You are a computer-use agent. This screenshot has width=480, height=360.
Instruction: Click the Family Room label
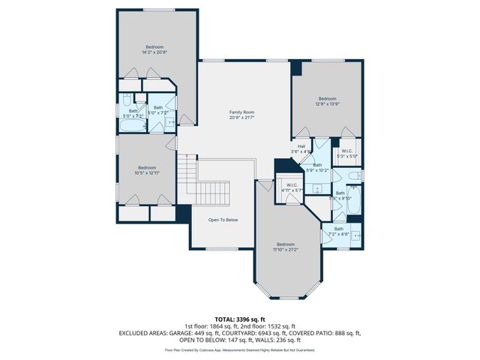(x=241, y=115)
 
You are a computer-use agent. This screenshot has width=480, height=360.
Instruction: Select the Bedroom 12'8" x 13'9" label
(x=327, y=101)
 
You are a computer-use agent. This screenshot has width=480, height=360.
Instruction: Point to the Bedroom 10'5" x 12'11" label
(x=146, y=169)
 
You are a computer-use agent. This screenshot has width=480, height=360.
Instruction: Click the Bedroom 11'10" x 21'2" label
(x=286, y=247)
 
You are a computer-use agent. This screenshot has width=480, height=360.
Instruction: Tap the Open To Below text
(x=223, y=220)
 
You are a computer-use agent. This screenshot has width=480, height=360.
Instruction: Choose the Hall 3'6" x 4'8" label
(x=301, y=148)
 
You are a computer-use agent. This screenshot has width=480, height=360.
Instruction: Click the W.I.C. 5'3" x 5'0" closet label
(x=347, y=154)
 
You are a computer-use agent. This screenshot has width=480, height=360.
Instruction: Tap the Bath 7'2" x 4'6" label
(x=339, y=231)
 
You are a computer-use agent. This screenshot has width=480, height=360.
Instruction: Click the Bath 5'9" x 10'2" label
(x=317, y=167)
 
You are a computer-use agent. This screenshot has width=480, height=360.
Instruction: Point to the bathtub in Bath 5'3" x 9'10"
(x=355, y=200)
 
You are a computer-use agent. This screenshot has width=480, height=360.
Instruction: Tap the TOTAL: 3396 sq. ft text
(x=239, y=319)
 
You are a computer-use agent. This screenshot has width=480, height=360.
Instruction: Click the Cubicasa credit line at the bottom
(x=239, y=349)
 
